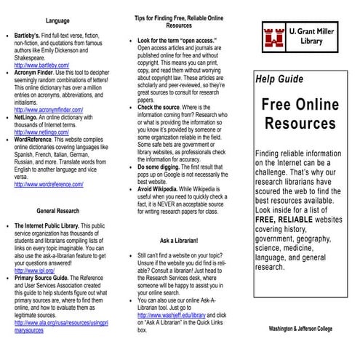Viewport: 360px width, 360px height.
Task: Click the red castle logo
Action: (x=272, y=34)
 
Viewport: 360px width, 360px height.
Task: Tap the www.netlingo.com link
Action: (x=42, y=133)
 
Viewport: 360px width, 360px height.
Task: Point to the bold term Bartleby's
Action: (x=29, y=35)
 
